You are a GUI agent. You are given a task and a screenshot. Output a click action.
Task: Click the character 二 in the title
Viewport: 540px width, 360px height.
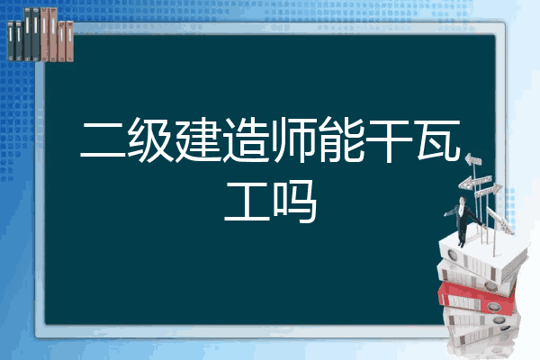click(x=103, y=140)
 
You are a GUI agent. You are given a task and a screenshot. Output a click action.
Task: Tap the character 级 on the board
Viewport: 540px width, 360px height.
click(x=150, y=139)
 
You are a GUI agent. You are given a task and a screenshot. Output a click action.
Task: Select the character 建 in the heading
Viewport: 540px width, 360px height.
click(x=198, y=139)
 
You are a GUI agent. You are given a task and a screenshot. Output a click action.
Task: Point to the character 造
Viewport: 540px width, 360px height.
click(x=246, y=139)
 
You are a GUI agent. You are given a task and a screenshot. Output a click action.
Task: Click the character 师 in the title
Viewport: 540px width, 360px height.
click(x=293, y=139)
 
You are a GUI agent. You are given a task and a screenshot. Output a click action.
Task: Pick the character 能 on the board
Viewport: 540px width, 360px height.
click(x=341, y=139)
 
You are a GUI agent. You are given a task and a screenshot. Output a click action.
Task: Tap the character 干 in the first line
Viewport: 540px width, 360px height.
click(x=389, y=140)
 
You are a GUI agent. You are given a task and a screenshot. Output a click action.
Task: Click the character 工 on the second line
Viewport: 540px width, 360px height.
click(x=247, y=202)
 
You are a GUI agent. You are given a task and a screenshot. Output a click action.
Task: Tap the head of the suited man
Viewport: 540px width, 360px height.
click(x=463, y=200)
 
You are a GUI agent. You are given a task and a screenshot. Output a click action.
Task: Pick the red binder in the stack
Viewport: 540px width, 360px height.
click(x=477, y=297)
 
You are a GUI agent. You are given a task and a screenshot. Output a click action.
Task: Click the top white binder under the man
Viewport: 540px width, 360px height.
click(x=482, y=256)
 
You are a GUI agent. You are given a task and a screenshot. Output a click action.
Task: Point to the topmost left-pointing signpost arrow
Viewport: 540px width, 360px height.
click(x=473, y=159)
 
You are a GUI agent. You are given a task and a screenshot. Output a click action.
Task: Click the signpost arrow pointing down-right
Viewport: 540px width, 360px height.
click(x=499, y=220)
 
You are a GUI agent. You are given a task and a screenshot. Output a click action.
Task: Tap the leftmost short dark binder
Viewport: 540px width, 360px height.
click(x=11, y=40)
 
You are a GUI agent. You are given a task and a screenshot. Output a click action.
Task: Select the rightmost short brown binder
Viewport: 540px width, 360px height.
click(x=70, y=41)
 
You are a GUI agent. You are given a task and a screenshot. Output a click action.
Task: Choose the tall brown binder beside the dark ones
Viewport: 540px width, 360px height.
click(x=44, y=34)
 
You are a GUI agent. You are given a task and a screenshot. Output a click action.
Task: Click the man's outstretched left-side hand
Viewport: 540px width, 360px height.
click(x=445, y=214)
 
